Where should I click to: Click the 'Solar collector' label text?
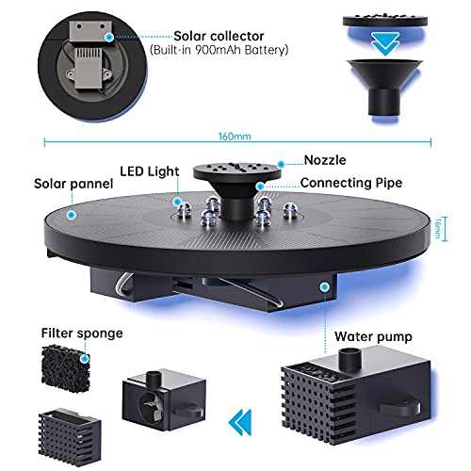click(x=219, y=36)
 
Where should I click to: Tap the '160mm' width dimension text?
click(x=235, y=137)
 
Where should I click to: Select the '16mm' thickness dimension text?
click(x=437, y=229)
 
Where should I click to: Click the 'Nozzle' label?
click(x=325, y=160)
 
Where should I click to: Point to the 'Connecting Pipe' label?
click(x=351, y=183)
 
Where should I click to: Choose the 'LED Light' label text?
click(x=150, y=171)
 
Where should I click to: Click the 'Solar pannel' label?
click(x=73, y=184)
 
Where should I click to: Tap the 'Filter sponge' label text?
click(x=82, y=333)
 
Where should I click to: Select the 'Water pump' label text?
click(x=373, y=336)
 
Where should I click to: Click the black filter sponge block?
click(x=66, y=367)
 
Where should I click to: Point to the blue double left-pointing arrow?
click(x=240, y=422)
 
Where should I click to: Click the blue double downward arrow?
click(x=385, y=43)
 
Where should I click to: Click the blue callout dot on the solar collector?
click(x=109, y=37)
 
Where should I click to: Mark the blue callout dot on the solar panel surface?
click(x=72, y=215)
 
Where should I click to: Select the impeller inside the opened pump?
click(x=151, y=404)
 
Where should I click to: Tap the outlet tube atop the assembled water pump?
click(x=349, y=360)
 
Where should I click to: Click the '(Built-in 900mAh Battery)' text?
click(x=219, y=50)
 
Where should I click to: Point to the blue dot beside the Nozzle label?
click(x=281, y=164)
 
